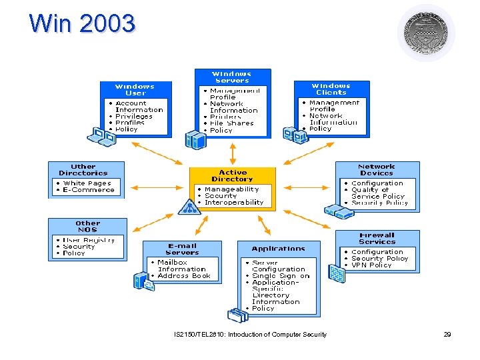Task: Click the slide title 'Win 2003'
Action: point(82,23)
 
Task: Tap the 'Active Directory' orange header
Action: point(232,175)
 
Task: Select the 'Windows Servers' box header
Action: point(232,77)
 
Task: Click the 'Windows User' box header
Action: point(135,90)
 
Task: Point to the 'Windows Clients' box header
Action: point(331,89)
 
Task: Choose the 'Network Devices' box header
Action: point(377,170)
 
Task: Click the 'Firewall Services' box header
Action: point(377,239)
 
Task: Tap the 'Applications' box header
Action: point(279,249)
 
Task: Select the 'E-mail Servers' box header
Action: point(182,249)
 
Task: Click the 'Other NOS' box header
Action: point(87,227)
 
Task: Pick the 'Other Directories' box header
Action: point(83,170)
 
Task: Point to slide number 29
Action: point(447,334)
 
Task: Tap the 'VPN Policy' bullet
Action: point(371,265)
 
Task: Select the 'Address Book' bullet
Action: point(183,276)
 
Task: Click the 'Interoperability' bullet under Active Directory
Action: point(234,203)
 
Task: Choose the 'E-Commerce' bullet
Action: point(89,190)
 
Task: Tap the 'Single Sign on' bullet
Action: point(281,276)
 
